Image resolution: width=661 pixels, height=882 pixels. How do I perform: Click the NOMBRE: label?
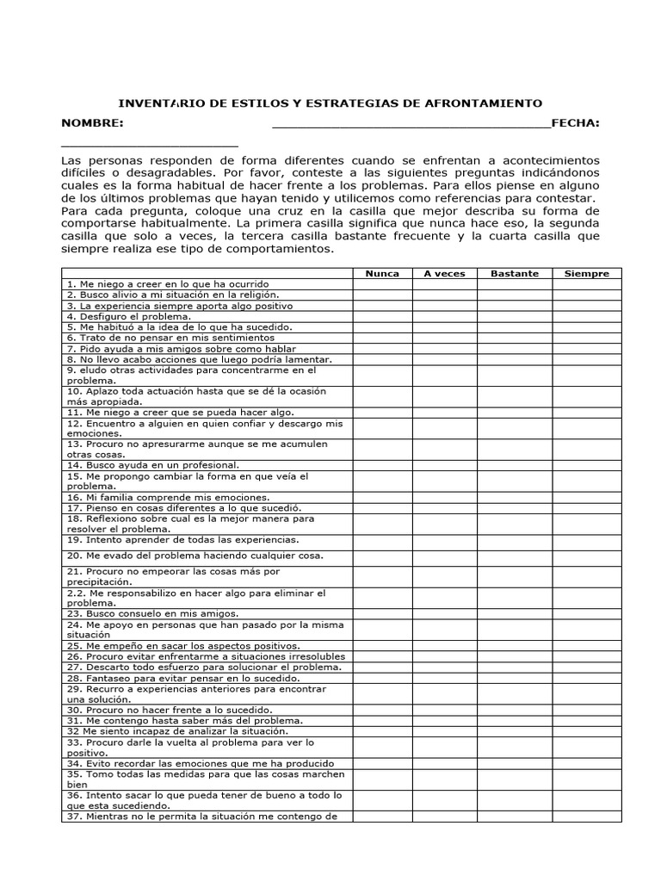92,124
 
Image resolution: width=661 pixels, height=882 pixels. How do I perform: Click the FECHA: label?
575,124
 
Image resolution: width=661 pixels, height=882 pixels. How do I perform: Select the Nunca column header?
382,273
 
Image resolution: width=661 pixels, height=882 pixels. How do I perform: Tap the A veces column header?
444,273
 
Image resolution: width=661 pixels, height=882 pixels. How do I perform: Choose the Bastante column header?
515,273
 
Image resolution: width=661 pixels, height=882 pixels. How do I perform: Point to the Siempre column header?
586,273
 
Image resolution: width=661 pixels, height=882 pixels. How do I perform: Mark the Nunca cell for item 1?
382,284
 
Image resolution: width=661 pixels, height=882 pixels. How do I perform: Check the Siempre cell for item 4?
586,316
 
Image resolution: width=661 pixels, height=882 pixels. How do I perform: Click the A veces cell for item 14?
444,465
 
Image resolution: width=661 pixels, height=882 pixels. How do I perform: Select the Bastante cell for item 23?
515,613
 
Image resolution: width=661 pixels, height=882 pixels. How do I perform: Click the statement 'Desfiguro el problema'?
129,316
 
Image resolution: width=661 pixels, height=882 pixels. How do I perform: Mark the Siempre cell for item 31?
586,720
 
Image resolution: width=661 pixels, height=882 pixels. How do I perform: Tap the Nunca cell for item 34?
382,763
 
